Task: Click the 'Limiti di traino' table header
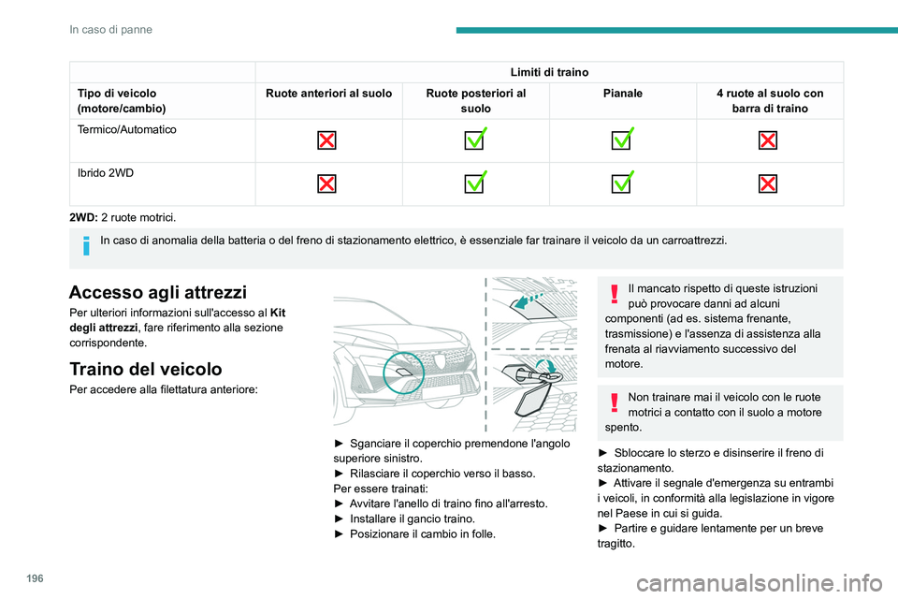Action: (x=549, y=72)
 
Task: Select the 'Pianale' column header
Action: (x=623, y=94)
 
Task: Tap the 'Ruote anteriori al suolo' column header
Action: (x=328, y=94)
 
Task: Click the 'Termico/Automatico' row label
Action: (x=127, y=129)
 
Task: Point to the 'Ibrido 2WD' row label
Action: (x=106, y=173)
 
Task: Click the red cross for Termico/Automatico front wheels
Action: (x=326, y=140)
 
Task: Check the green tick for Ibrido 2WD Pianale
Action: (x=622, y=182)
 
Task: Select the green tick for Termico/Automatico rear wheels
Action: (x=475, y=139)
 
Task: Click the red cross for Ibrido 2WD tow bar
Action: (x=768, y=184)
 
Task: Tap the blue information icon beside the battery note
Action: (x=86, y=245)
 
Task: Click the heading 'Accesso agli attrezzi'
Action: (x=158, y=292)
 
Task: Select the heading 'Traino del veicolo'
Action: (x=146, y=369)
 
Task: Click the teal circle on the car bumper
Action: (x=404, y=373)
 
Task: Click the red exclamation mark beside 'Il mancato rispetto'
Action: (x=615, y=294)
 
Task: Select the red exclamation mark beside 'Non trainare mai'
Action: (x=615, y=402)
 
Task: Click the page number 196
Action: (x=35, y=578)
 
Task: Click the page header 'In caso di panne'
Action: (x=111, y=30)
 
